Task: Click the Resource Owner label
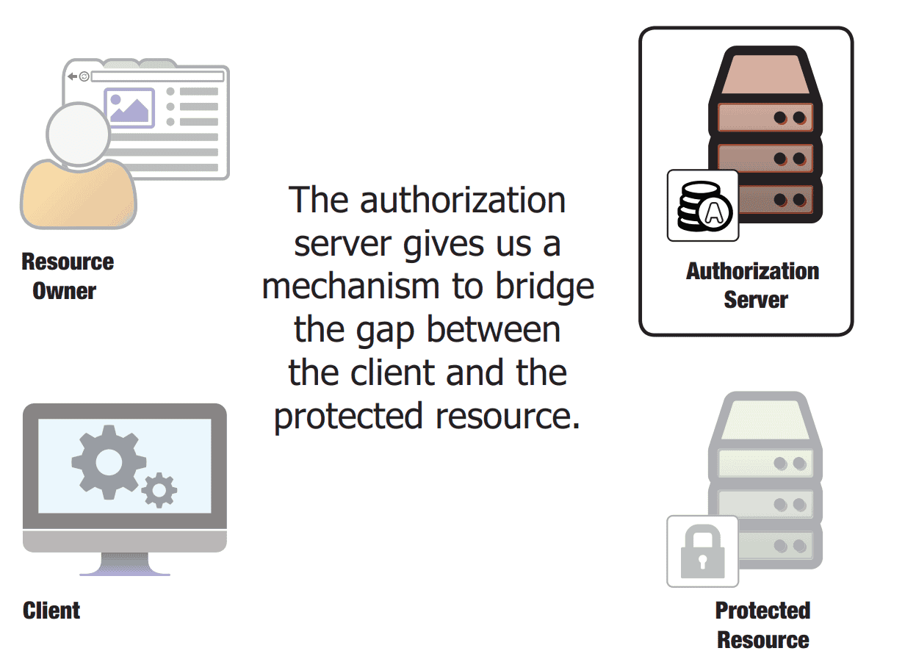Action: tap(68, 276)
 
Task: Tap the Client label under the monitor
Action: tap(51, 611)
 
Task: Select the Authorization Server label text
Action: tap(752, 285)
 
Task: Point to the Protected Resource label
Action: tap(762, 625)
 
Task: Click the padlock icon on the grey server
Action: tap(702, 551)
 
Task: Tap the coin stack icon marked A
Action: tap(702, 206)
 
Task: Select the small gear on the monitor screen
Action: tap(159, 490)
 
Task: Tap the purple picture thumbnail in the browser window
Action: tap(130, 107)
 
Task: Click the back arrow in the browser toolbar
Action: tap(72, 76)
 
